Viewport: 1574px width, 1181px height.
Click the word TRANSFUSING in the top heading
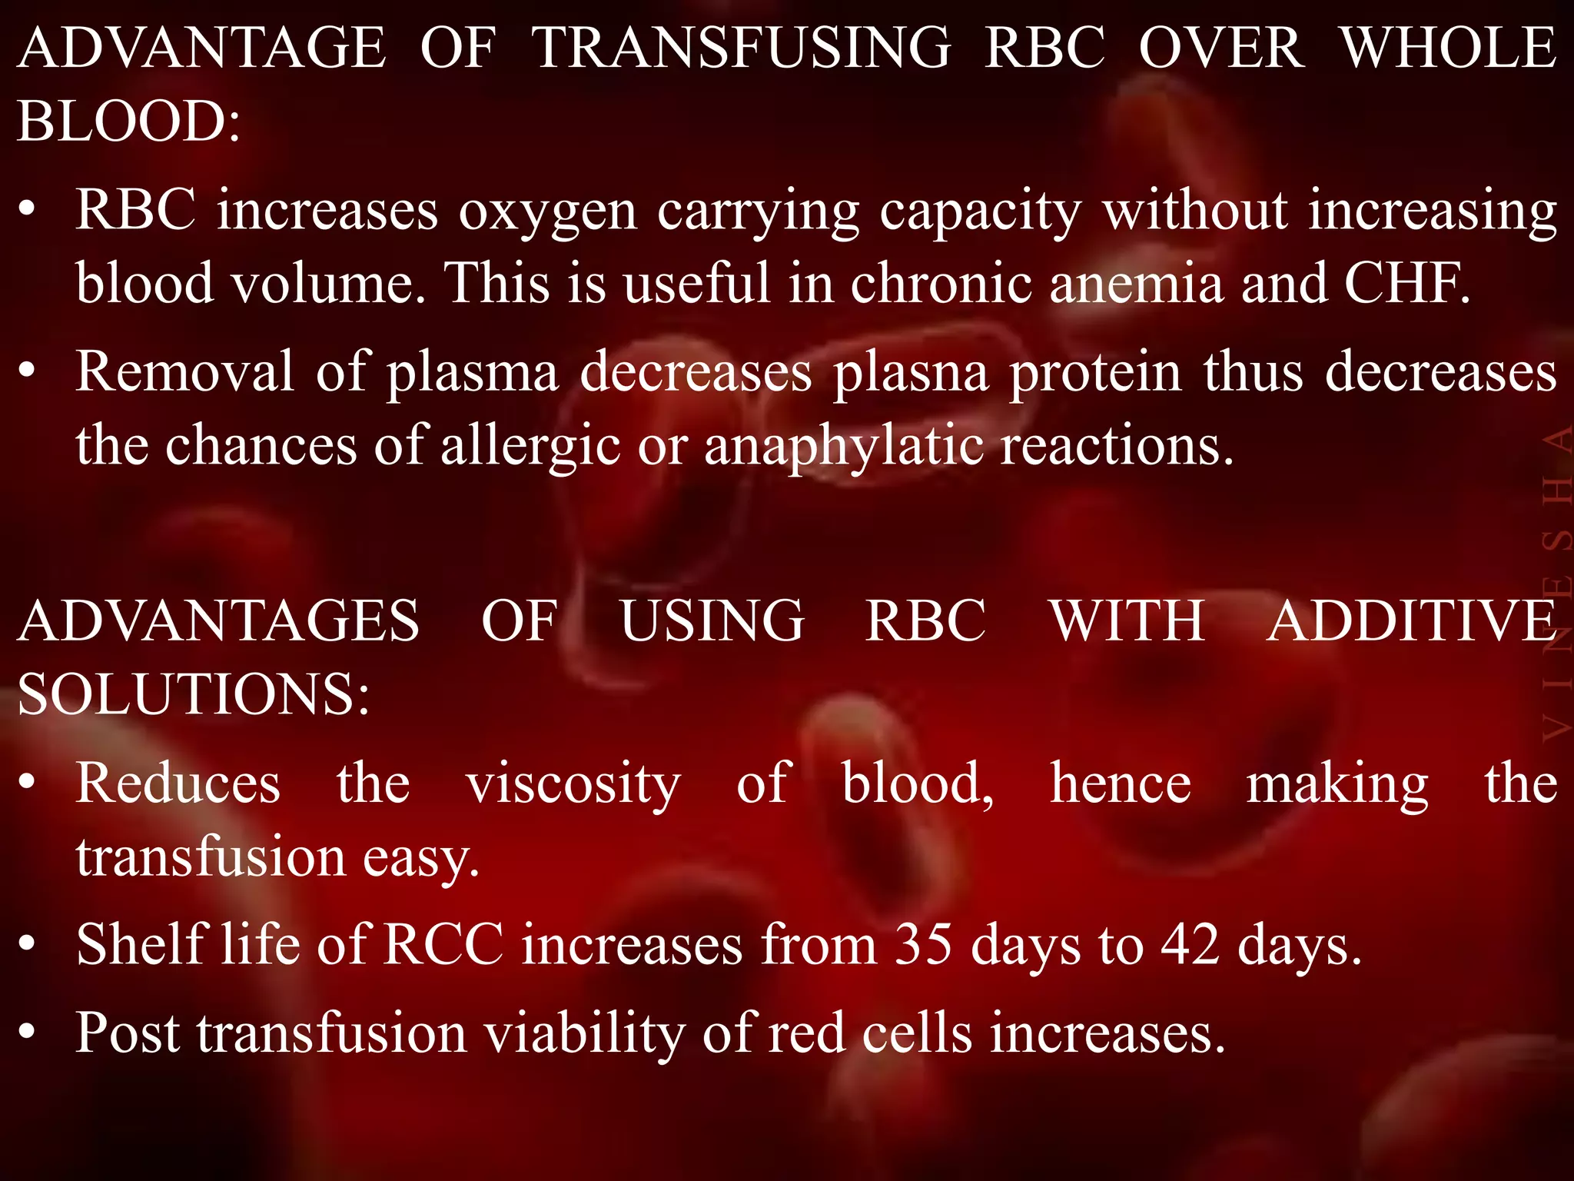[x=741, y=48]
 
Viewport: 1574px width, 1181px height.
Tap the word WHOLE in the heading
[x=1449, y=48]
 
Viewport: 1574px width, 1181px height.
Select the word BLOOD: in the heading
[x=128, y=121]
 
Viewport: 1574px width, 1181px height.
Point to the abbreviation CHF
[x=1406, y=283]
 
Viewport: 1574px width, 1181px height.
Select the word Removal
[x=184, y=372]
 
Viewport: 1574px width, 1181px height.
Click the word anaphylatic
[x=843, y=447]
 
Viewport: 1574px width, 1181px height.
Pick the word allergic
[x=530, y=447]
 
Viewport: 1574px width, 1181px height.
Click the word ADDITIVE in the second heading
[x=1411, y=620]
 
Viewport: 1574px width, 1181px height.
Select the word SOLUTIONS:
[x=193, y=694]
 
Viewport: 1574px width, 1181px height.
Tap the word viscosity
[x=573, y=785]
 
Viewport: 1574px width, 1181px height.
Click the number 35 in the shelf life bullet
[x=922, y=944]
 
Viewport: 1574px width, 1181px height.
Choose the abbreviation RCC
[x=443, y=944]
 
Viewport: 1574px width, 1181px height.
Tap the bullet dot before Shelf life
[x=28, y=944]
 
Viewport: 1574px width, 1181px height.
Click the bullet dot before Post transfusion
[x=28, y=1033]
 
